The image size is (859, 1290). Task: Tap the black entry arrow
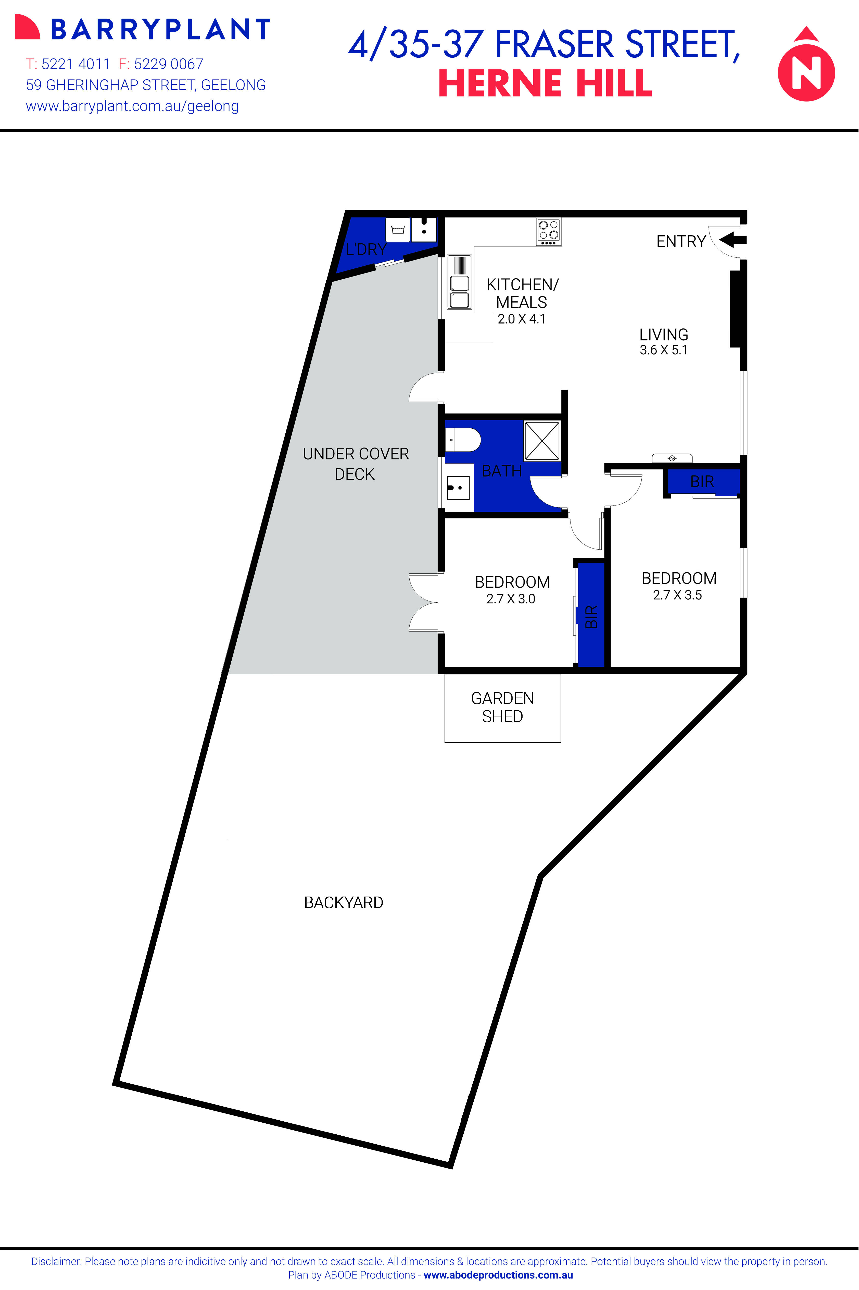coord(733,240)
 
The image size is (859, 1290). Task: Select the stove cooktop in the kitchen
coord(548,231)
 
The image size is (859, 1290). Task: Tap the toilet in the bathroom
coord(463,440)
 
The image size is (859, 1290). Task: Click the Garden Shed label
coord(502,707)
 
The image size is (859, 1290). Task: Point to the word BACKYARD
coord(344,902)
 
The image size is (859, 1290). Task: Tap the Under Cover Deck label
coord(356,464)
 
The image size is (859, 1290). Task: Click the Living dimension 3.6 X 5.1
coord(663,350)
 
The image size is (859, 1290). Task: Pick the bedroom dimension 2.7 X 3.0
coord(511,599)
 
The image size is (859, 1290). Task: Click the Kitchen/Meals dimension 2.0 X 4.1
coord(522,319)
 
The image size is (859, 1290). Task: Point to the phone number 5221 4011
coord(75,64)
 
